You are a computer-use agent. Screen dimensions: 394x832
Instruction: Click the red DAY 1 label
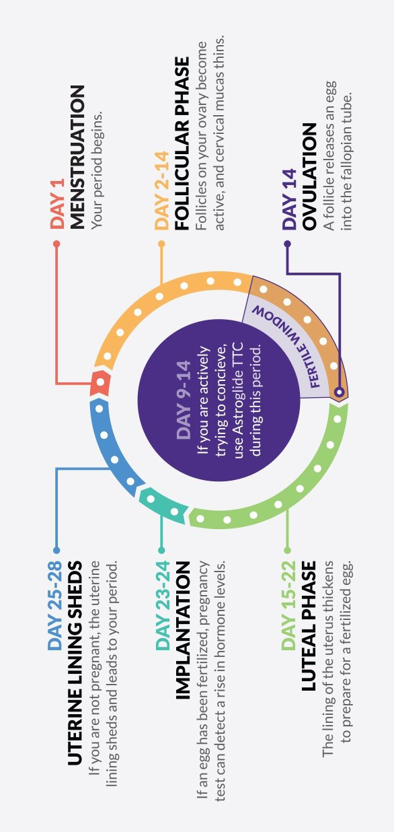[x=58, y=203]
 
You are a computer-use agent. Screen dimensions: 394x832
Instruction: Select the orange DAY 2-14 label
[x=162, y=190]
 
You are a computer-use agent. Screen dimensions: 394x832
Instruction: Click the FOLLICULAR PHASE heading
[x=182, y=143]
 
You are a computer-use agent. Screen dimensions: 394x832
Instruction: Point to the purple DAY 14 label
[x=290, y=199]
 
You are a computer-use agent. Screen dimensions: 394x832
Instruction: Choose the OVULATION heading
[x=309, y=176]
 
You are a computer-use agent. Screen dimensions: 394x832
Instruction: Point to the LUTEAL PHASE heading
[x=309, y=626]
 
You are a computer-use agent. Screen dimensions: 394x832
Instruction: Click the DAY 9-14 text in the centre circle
[x=184, y=400]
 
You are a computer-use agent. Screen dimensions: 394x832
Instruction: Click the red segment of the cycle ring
[x=100, y=382]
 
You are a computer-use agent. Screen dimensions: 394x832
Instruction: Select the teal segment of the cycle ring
[x=163, y=505]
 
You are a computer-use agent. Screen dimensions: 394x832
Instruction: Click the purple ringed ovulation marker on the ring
[x=339, y=392]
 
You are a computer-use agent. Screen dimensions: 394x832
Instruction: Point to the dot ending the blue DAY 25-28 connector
[x=56, y=550]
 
